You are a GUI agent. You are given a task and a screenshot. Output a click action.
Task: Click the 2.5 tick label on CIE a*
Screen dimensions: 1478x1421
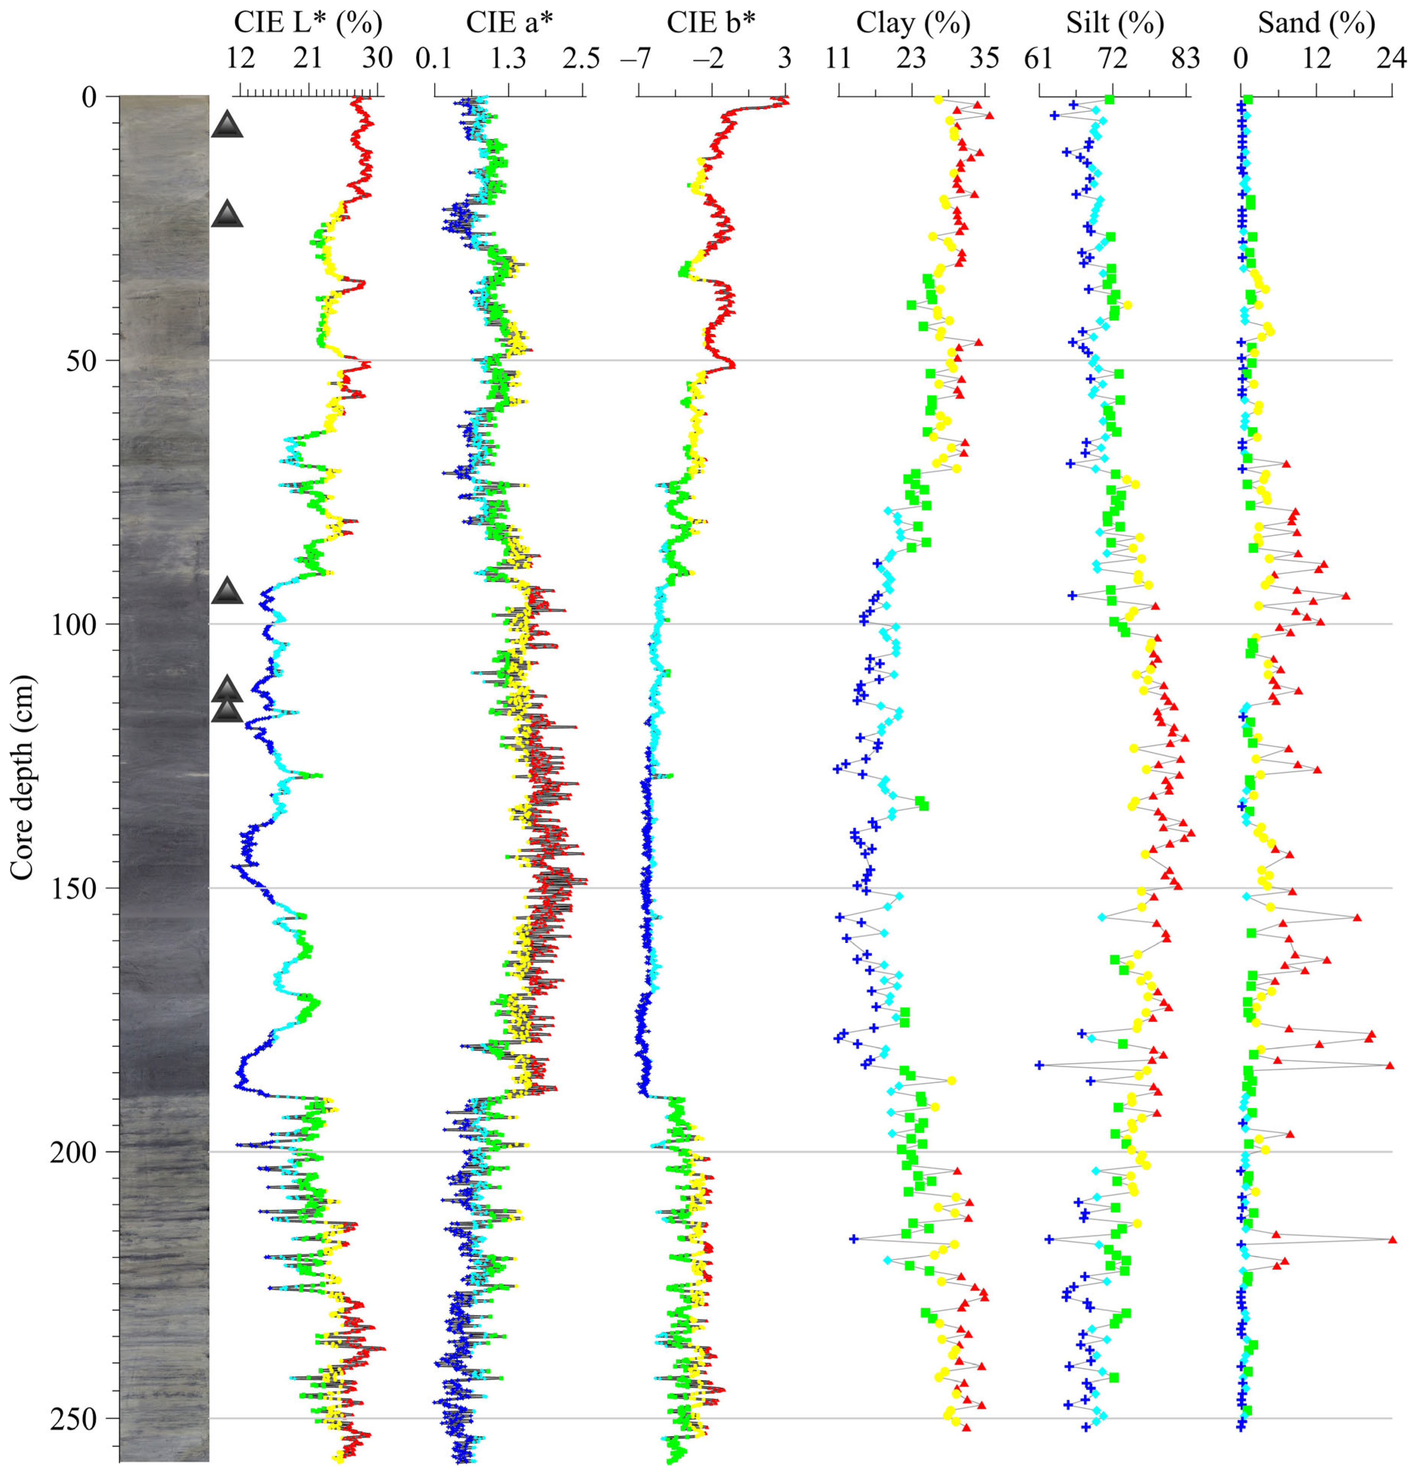pos(582,58)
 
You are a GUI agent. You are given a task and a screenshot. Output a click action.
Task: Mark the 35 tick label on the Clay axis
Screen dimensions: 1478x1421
pos(985,58)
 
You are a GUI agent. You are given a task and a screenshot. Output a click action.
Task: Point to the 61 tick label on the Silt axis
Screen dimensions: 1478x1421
pos(1039,58)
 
